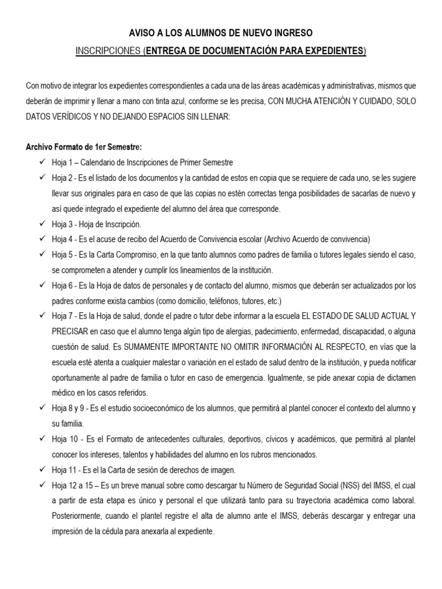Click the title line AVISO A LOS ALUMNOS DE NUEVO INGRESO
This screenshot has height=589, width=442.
click(220, 35)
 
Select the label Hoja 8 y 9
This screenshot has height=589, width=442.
click(69, 408)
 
